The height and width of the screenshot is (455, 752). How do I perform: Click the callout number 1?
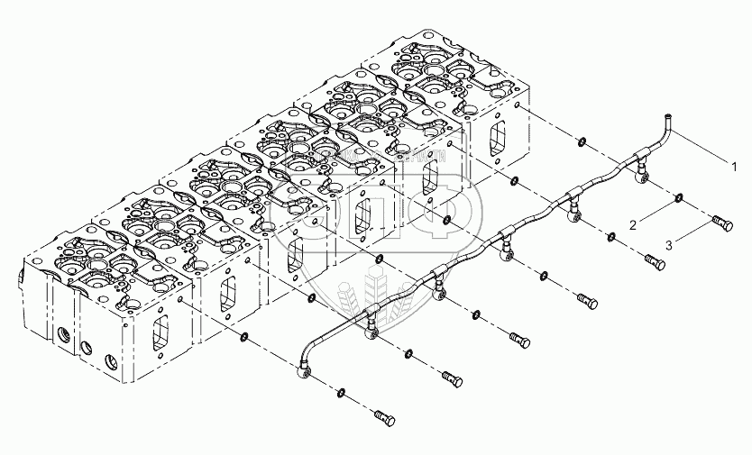coord(735,167)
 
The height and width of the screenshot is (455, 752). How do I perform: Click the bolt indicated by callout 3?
coord(720,221)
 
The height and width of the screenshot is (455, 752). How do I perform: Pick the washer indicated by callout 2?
coord(678,197)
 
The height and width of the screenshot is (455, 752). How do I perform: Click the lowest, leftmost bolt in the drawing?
coord(383,416)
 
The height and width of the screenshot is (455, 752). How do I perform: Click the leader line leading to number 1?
coord(703,148)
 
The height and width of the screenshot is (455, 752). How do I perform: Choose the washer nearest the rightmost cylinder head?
coord(582,141)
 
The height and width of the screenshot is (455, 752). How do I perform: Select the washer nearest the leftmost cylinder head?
coord(243,338)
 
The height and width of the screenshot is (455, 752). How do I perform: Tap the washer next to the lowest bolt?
coord(341,393)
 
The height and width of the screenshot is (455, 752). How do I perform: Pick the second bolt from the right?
coord(656,261)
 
